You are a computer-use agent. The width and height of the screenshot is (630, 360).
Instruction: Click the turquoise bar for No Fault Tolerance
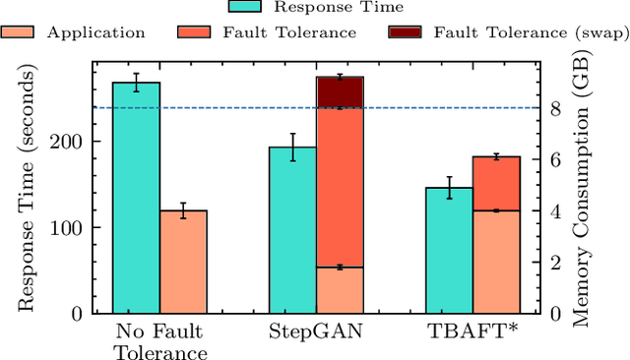pos(136,197)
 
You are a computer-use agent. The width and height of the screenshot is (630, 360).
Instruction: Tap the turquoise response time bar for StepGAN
pos(292,230)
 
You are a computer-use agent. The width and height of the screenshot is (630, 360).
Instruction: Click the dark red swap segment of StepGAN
pos(340,92)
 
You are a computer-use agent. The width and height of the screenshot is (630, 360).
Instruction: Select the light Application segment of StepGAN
pos(340,290)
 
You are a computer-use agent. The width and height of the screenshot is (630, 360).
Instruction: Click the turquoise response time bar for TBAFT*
pos(449,250)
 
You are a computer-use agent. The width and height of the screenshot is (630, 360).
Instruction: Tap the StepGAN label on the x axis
pos(316,331)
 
